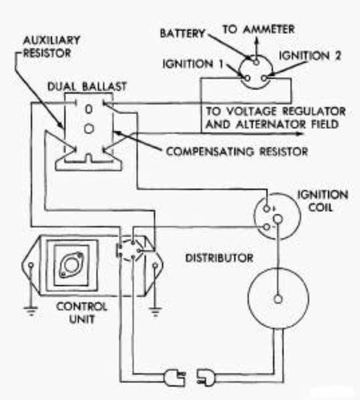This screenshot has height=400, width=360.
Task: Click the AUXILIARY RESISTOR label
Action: coord(51,47)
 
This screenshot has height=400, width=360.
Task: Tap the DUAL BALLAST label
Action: coord(87,87)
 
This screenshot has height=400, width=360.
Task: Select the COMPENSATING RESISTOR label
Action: coord(237,151)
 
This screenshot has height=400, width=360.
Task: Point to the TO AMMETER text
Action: coord(258,29)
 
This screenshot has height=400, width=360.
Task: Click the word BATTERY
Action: coord(182,33)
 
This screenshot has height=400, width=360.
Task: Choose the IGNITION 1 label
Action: coord(192,64)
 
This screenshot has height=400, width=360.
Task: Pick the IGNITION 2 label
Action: coord(310,56)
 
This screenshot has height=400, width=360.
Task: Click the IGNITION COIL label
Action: coord(323,201)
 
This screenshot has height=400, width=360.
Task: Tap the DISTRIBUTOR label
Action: coord(220,258)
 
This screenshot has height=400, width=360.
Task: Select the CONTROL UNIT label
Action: coord(81,313)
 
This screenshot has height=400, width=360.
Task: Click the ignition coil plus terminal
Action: coord(266,208)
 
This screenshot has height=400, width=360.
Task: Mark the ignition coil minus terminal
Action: coord(266,227)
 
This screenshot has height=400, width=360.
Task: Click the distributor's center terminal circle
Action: coord(278,299)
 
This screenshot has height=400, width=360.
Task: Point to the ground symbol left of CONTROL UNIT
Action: coord(31,310)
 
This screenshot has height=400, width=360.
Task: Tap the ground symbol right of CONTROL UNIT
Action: coord(155,312)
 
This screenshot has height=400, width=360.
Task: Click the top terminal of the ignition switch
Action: coord(256,62)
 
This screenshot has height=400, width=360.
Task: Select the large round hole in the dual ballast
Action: coord(89,129)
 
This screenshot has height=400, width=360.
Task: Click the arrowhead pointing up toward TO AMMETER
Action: coord(256,41)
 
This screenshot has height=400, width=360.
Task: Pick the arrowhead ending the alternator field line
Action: coord(299,133)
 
